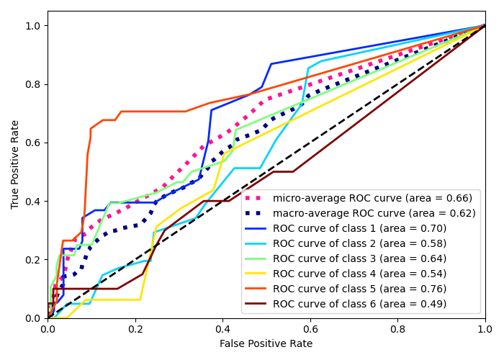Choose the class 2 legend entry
click(x=359, y=243)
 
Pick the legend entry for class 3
click(x=359, y=258)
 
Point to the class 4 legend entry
click(x=359, y=274)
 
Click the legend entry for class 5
click(x=359, y=289)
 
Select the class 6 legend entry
click(x=359, y=304)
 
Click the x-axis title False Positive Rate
click(x=266, y=344)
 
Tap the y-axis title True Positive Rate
click(x=16, y=165)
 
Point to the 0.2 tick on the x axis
click(x=135, y=328)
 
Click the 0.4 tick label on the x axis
click(x=222, y=328)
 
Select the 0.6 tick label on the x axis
click(x=310, y=328)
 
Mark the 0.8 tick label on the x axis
click(x=397, y=328)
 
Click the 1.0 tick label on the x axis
click(x=485, y=328)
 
